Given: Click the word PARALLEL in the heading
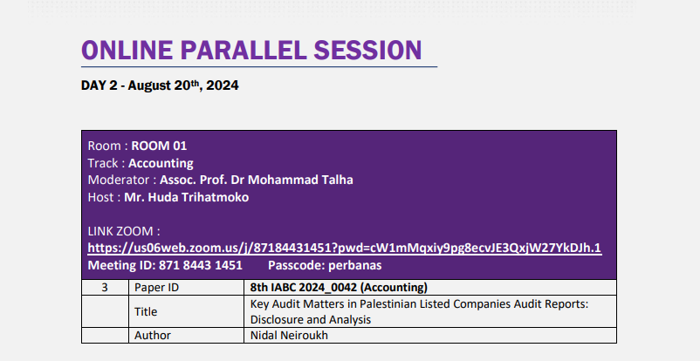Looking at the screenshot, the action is (244, 50).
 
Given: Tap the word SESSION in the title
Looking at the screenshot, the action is (367, 50).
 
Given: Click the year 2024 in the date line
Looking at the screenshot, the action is (223, 85).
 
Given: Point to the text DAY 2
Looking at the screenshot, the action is (100, 85).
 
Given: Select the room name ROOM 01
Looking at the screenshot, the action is (159, 146).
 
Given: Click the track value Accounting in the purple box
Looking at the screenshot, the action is (161, 163).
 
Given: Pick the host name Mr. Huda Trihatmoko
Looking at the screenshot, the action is (186, 197).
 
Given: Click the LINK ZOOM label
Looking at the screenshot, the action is (124, 231).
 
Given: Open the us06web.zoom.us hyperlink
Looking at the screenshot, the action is (345, 249).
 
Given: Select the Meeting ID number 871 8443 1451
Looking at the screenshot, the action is (201, 265).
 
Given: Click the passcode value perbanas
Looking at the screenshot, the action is (355, 266).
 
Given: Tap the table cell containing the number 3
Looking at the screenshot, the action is (105, 288).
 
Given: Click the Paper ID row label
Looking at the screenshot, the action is (157, 288).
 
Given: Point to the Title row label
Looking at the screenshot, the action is (146, 311).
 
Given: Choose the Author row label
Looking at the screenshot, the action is (153, 335).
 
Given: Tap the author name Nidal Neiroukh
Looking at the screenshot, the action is (289, 335).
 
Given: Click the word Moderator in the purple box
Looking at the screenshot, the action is (119, 180).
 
